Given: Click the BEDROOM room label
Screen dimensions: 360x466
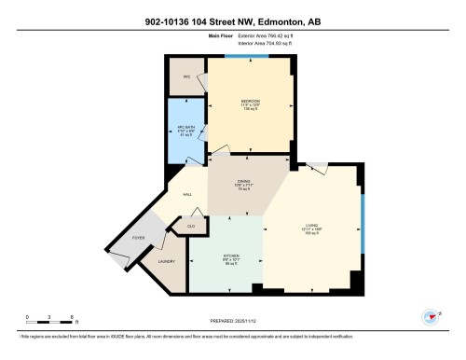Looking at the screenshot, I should click(x=250, y=100).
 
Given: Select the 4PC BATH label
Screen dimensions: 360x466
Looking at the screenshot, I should click(x=185, y=130).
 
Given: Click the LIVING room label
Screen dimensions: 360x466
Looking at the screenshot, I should click(x=312, y=227).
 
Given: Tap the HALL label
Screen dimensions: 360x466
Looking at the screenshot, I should click(x=187, y=195).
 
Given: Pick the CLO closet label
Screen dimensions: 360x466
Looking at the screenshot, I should click(x=190, y=227).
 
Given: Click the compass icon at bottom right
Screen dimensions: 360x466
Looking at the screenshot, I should click(x=431, y=316).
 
